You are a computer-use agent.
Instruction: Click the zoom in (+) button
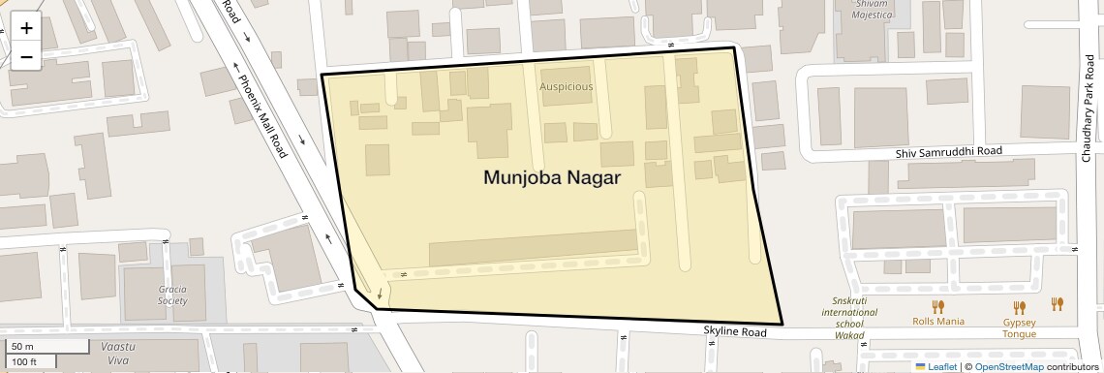[26, 28]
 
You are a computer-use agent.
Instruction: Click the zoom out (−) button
[26, 57]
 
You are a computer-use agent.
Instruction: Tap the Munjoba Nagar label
[551, 177]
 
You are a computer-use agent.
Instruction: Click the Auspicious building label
[566, 86]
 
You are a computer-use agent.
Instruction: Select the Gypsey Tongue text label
[1019, 327]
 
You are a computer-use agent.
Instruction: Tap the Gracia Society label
[173, 295]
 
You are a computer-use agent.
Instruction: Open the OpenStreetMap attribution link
[1008, 366]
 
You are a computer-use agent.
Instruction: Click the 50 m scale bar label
[22, 346]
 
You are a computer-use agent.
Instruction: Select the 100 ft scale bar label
[25, 361]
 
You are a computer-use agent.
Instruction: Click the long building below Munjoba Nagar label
[534, 247]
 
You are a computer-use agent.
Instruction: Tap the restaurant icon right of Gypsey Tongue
[1058, 304]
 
